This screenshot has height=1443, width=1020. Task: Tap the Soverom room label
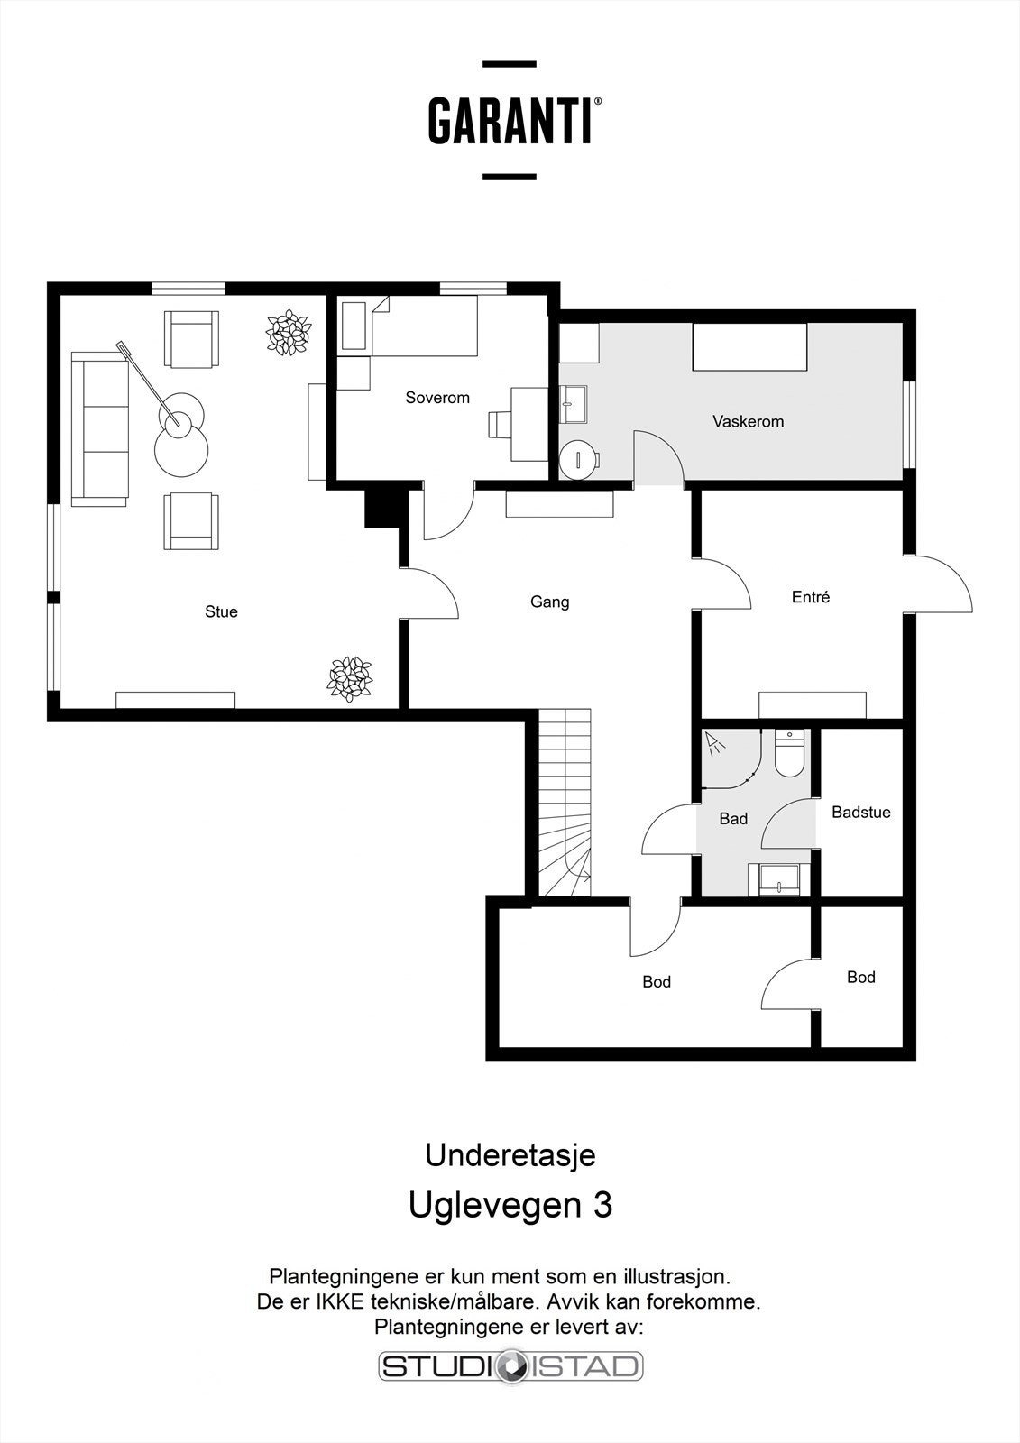[436, 398]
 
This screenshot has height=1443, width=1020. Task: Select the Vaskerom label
[748, 422]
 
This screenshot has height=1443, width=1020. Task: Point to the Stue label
[221, 611]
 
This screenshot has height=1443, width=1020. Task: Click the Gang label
[549, 602]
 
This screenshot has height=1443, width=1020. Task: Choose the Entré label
[811, 597]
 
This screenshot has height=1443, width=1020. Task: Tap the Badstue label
[861, 813]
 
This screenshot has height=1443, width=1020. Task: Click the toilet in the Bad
[789, 753]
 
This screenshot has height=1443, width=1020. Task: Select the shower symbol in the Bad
[714, 743]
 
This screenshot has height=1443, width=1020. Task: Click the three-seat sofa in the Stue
[100, 429]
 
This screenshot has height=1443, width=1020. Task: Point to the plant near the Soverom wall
[289, 333]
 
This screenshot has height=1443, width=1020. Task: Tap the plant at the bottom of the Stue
[350, 679]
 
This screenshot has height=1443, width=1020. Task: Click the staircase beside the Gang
[565, 803]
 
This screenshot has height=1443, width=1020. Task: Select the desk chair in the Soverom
[499, 425]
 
